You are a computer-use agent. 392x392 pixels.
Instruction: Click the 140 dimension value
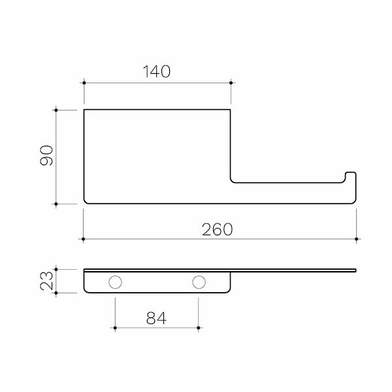pyautogui.click(x=157, y=72)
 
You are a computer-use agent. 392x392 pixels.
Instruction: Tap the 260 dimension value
pyautogui.click(x=218, y=229)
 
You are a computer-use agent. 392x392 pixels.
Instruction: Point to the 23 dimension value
pyautogui.click(x=46, y=281)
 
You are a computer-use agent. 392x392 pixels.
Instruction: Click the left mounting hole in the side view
pyautogui.click(x=115, y=282)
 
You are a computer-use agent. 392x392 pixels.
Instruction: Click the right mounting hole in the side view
pyautogui.click(x=198, y=282)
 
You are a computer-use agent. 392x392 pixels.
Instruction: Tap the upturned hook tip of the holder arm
pyautogui.click(x=351, y=174)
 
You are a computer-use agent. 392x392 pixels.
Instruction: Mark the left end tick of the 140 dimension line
pyautogui.click(x=84, y=82)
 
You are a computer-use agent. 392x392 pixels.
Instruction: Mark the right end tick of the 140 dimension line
pyautogui.click(x=231, y=82)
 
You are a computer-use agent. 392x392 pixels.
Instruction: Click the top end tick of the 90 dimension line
pyautogui.click(x=57, y=110)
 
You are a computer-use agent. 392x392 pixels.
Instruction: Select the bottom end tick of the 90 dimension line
pyautogui.click(x=57, y=204)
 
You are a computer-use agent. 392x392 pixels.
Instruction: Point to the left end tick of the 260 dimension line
pyautogui.click(x=83, y=239)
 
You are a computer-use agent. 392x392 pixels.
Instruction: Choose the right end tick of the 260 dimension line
pyautogui.click(x=356, y=239)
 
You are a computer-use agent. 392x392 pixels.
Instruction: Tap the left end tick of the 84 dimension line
pyautogui.click(x=115, y=327)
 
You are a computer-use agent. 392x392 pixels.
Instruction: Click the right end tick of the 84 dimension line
pyautogui.click(x=198, y=327)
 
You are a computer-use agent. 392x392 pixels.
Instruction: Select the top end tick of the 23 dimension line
pyautogui.click(x=57, y=269)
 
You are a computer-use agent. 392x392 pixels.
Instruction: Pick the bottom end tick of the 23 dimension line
pyautogui.click(x=57, y=293)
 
